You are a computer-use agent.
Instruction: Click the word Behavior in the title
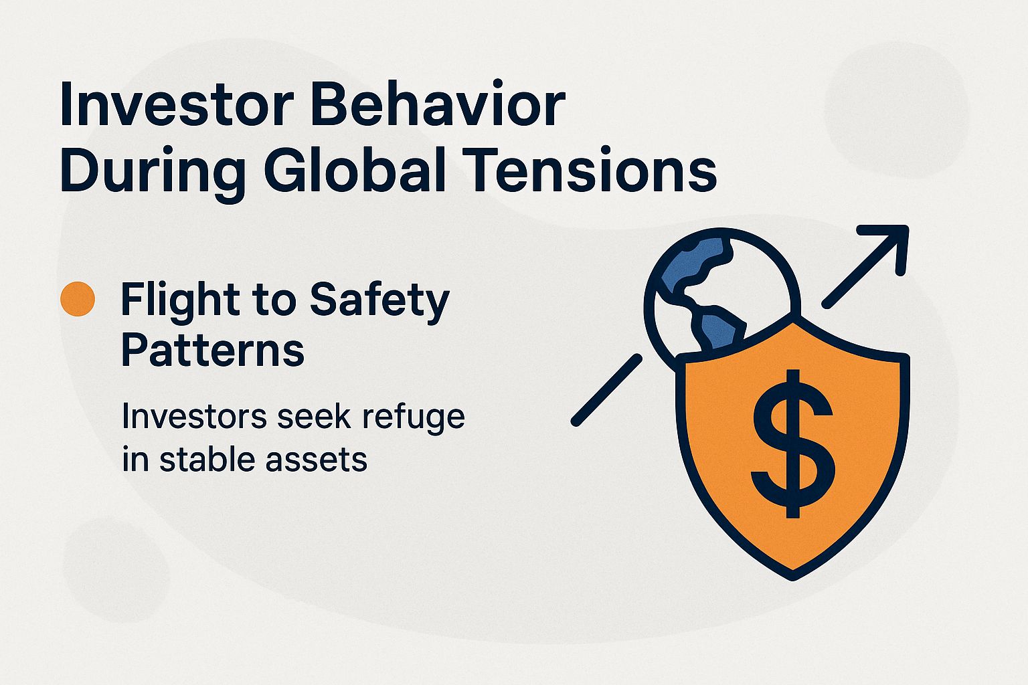pyautogui.click(x=439, y=105)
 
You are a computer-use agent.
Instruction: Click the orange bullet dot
pyautogui.click(x=78, y=299)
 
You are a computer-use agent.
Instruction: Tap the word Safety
pyautogui.click(x=379, y=301)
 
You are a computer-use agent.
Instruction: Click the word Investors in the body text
pyautogui.click(x=194, y=416)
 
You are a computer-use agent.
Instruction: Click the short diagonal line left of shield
pyautogui.click(x=606, y=391)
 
